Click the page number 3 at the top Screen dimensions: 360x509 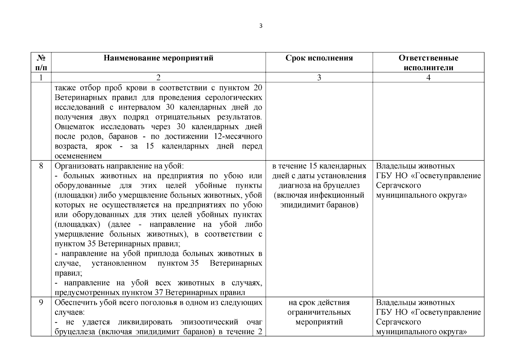(260, 26)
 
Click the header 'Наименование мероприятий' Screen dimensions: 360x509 (158, 58)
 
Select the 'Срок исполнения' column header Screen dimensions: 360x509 (319, 58)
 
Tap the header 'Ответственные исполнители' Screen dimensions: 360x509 (428, 62)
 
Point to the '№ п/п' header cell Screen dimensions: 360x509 (41, 62)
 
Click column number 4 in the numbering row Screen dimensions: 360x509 (428, 77)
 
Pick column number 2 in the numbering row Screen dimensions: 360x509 (158, 77)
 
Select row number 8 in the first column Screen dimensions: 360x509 (41, 166)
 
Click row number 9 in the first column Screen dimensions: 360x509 (41, 302)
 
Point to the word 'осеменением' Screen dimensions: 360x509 (78, 156)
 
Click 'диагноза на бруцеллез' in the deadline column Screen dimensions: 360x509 (319, 185)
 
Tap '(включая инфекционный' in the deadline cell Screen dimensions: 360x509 (319, 195)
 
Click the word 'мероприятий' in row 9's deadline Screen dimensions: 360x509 (319, 322)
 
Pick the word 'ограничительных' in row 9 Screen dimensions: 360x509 (319, 312)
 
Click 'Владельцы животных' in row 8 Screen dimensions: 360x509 (415, 166)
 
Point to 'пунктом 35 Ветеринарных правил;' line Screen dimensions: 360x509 (117, 244)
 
